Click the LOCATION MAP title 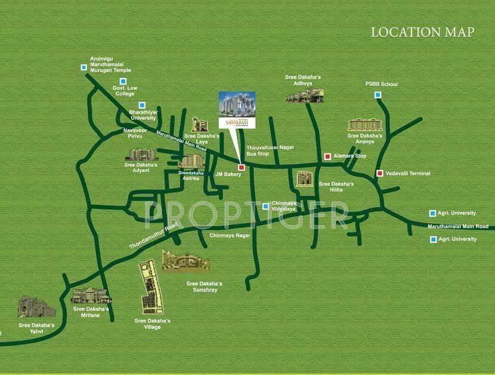tap(422, 32)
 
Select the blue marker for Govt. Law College tap(123, 81)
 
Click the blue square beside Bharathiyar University tap(142, 105)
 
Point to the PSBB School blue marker tap(378, 95)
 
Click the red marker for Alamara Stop tap(327, 157)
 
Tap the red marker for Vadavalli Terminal tap(379, 173)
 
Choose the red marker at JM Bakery tap(242, 167)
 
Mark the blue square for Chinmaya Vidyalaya tap(266, 207)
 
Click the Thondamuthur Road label tap(154, 236)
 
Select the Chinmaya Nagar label tap(230, 236)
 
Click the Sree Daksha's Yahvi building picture tap(36, 308)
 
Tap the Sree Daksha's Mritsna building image tap(91, 295)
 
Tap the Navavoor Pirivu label tap(134, 133)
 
